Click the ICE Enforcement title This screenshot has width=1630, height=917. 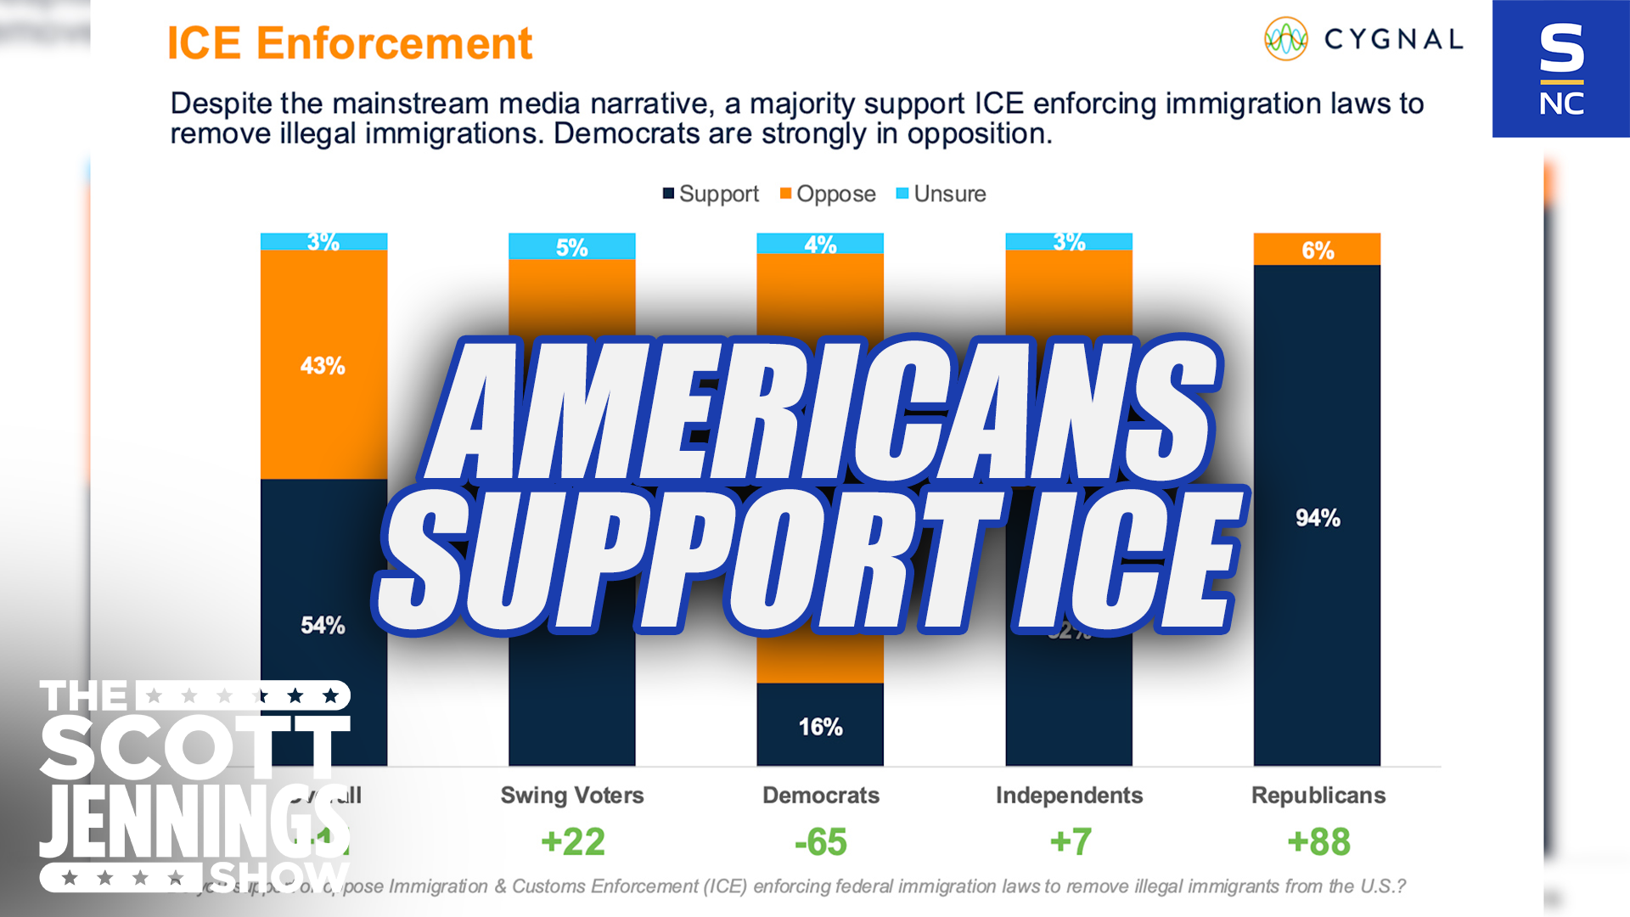tap(349, 43)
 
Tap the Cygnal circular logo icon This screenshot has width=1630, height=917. tap(1285, 39)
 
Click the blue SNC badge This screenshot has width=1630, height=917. tap(1560, 69)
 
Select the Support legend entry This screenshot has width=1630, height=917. tap(711, 194)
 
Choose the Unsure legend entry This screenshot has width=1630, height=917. tap(941, 194)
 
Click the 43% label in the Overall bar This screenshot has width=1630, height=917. tap(323, 366)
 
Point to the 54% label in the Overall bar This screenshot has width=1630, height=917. tap(323, 626)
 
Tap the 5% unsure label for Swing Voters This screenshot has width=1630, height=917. tap(571, 248)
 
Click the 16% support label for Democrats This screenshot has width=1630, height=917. tap(820, 727)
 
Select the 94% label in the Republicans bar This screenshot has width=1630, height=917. tap(1318, 518)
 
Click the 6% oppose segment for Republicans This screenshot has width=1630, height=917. tap(1318, 250)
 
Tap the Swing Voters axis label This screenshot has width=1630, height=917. tap(571, 796)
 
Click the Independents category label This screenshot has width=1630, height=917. tap(1069, 796)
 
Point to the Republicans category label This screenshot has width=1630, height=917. tap(1318, 796)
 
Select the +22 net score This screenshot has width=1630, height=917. tap(573, 842)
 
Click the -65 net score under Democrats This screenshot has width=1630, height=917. tap(820, 842)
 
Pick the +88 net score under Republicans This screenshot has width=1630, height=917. tap(1318, 842)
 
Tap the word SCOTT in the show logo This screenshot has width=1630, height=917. tap(194, 747)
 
